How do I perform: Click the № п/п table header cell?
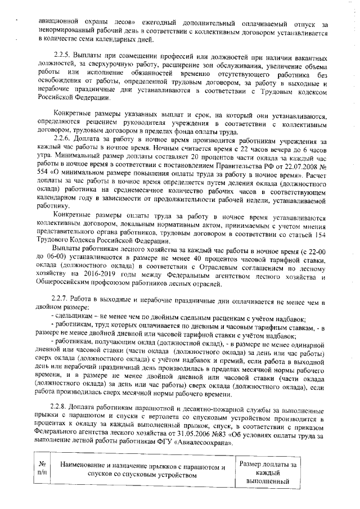click(x=43, y=469)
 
